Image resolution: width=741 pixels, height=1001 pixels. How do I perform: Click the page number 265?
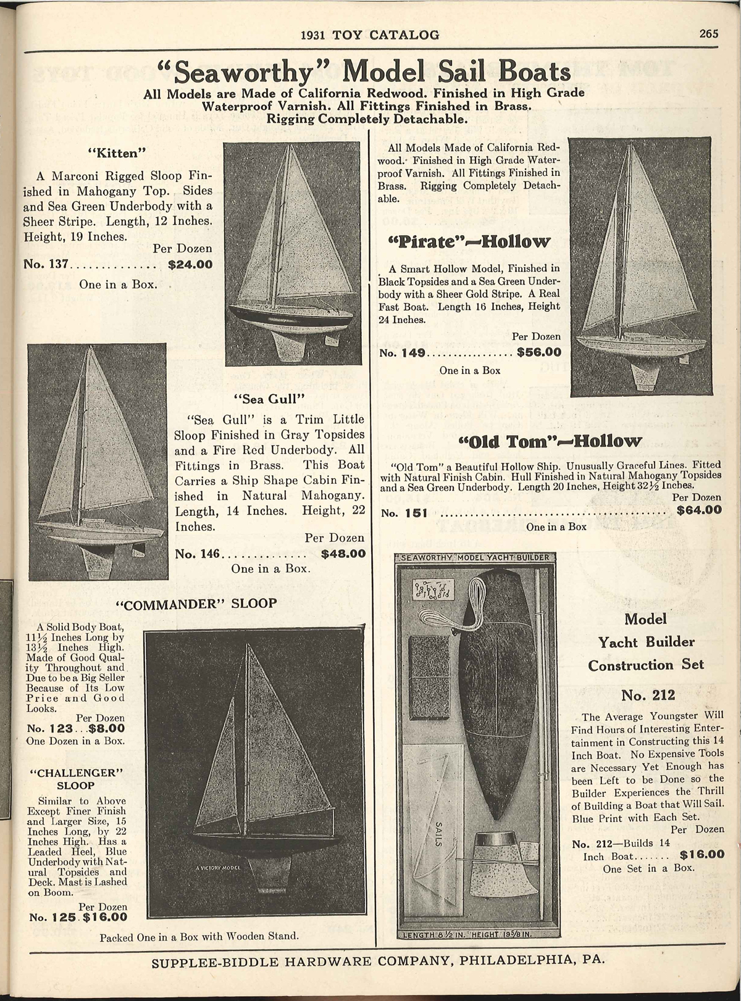[709, 35]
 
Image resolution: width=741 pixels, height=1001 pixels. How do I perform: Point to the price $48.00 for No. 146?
[343, 554]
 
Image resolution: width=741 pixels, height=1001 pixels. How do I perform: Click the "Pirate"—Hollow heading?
[468, 241]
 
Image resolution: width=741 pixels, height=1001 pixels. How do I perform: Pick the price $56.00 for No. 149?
[539, 353]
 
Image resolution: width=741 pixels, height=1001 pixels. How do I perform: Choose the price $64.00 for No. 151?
[698, 510]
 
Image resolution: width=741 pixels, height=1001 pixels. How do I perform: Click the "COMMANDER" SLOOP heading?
[196, 603]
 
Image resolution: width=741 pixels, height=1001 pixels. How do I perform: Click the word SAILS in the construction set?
[439, 836]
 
